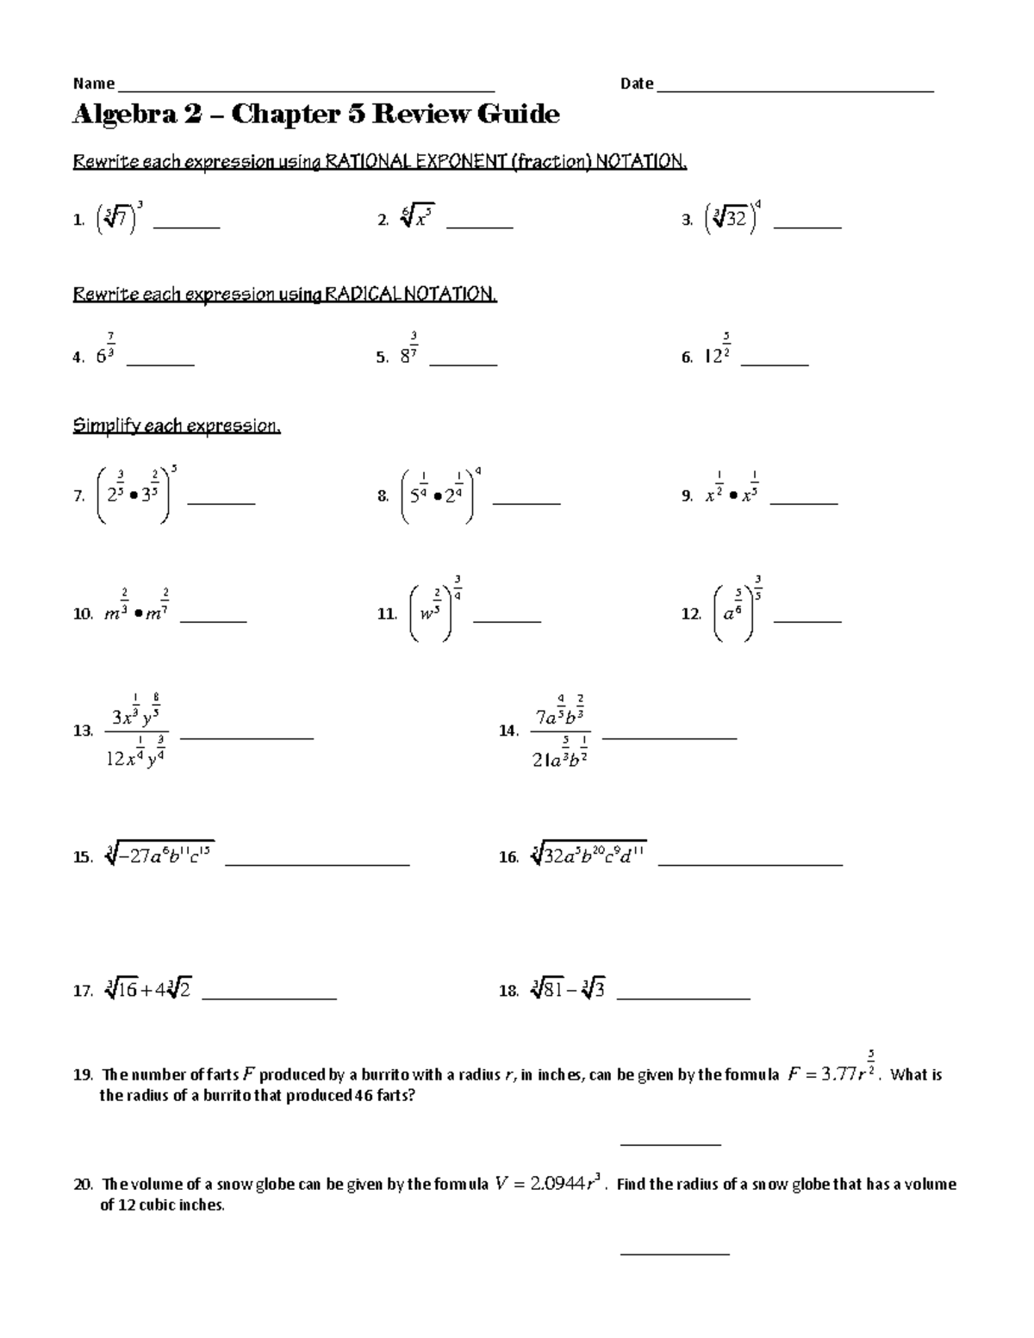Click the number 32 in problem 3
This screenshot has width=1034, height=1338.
[x=735, y=220]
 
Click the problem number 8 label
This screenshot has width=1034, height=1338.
[x=383, y=497]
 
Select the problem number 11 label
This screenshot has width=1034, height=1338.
[x=386, y=614]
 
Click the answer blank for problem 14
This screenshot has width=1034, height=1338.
[x=670, y=737]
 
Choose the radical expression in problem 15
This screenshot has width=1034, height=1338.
[x=159, y=856]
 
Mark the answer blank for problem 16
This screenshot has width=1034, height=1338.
[x=750, y=862]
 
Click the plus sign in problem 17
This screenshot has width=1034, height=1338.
[x=146, y=991]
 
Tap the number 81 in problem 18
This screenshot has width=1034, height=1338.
[x=547, y=991]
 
